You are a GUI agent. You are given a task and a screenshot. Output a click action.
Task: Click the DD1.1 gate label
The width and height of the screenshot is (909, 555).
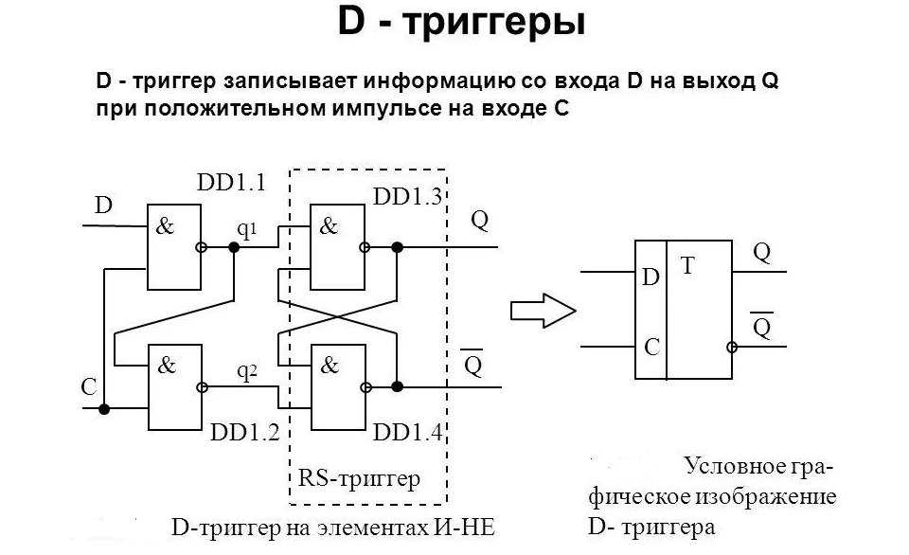tap(231, 183)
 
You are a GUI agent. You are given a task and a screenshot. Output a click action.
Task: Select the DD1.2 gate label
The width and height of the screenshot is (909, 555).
tap(244, 433)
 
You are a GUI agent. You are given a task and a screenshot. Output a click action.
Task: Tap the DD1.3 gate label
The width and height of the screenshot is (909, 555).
tap(407, 197)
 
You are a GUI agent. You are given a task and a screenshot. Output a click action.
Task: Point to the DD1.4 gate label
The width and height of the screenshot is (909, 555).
tap(407, 433)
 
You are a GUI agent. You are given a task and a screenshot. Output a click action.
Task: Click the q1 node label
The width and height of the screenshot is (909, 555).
tap(246, 229)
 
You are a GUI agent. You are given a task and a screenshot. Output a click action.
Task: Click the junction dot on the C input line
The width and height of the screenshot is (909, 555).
tap(104, 409)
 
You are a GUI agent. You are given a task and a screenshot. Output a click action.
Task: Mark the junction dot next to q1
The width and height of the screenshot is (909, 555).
tap(234, 247)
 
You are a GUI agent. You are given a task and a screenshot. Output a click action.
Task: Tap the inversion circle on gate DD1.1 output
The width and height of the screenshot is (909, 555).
tap(201, 247)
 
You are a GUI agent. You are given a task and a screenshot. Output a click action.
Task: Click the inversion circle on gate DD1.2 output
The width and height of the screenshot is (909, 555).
tap(202, 387)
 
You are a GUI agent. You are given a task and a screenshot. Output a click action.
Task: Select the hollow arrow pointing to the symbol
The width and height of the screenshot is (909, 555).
tap(543, 311)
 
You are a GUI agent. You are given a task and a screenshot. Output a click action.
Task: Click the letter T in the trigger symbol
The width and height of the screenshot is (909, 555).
tap(687, 266)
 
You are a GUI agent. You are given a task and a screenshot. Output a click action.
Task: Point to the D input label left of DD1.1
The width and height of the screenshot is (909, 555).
tap(103, 206)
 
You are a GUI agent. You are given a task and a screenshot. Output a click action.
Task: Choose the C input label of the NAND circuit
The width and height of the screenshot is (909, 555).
tap(89, 386)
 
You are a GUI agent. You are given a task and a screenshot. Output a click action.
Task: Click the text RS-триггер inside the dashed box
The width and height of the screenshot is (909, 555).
tap(359, 478)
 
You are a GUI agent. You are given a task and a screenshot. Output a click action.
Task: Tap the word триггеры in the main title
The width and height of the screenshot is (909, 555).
tap(493, 23)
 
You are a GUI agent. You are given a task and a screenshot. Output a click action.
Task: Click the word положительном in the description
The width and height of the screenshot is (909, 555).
tap(235, 109)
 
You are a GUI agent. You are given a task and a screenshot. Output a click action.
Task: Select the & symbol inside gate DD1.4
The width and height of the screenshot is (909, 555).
tap(330, 366)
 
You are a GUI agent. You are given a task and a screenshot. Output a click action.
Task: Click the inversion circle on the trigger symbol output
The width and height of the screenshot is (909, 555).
tap(732, 348)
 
